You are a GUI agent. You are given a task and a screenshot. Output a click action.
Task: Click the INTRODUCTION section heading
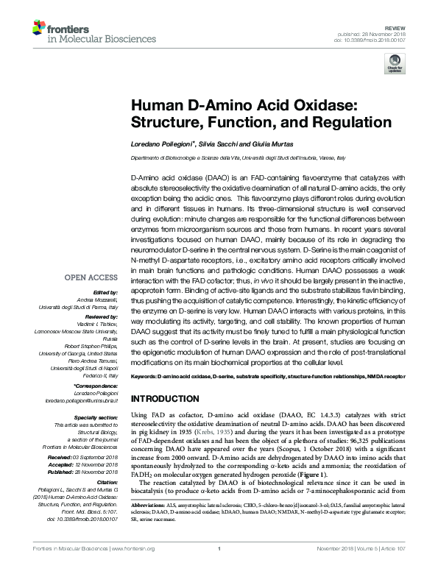pos(168,398)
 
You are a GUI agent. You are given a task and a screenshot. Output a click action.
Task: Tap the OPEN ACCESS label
pos(91,277)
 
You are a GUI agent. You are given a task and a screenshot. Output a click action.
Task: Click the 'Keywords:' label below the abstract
pos(142,375)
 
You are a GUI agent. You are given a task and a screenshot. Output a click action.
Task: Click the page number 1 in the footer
pos(219,569)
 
